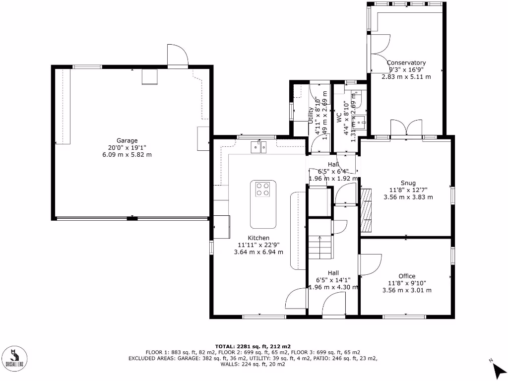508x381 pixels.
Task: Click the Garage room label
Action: (x=127, y=140)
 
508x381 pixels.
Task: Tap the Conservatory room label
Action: (x=406, y=63)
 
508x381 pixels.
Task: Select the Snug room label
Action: (x=408, y=183)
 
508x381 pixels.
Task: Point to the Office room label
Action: (x=407, y=276)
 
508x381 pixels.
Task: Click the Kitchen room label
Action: (x=258, y=238)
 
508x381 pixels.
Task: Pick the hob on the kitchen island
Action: (x=263, y=190)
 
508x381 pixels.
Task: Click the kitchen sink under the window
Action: (x=258, y=146)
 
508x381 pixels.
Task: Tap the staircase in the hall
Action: (x=319, y=246)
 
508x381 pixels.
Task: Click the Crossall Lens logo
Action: (x=15, y=358)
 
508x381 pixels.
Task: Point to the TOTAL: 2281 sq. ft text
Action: (x=253, y=346)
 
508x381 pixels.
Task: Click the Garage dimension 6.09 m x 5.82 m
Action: (x=127, y=155)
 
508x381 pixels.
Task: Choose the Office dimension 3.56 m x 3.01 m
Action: (x=407, y=290)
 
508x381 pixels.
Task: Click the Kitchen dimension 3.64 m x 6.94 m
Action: (x=258, y=252)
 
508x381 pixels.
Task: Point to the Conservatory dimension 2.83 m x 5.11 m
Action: (x=406, y=77)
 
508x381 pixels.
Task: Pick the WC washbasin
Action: (x=363, y=120)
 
